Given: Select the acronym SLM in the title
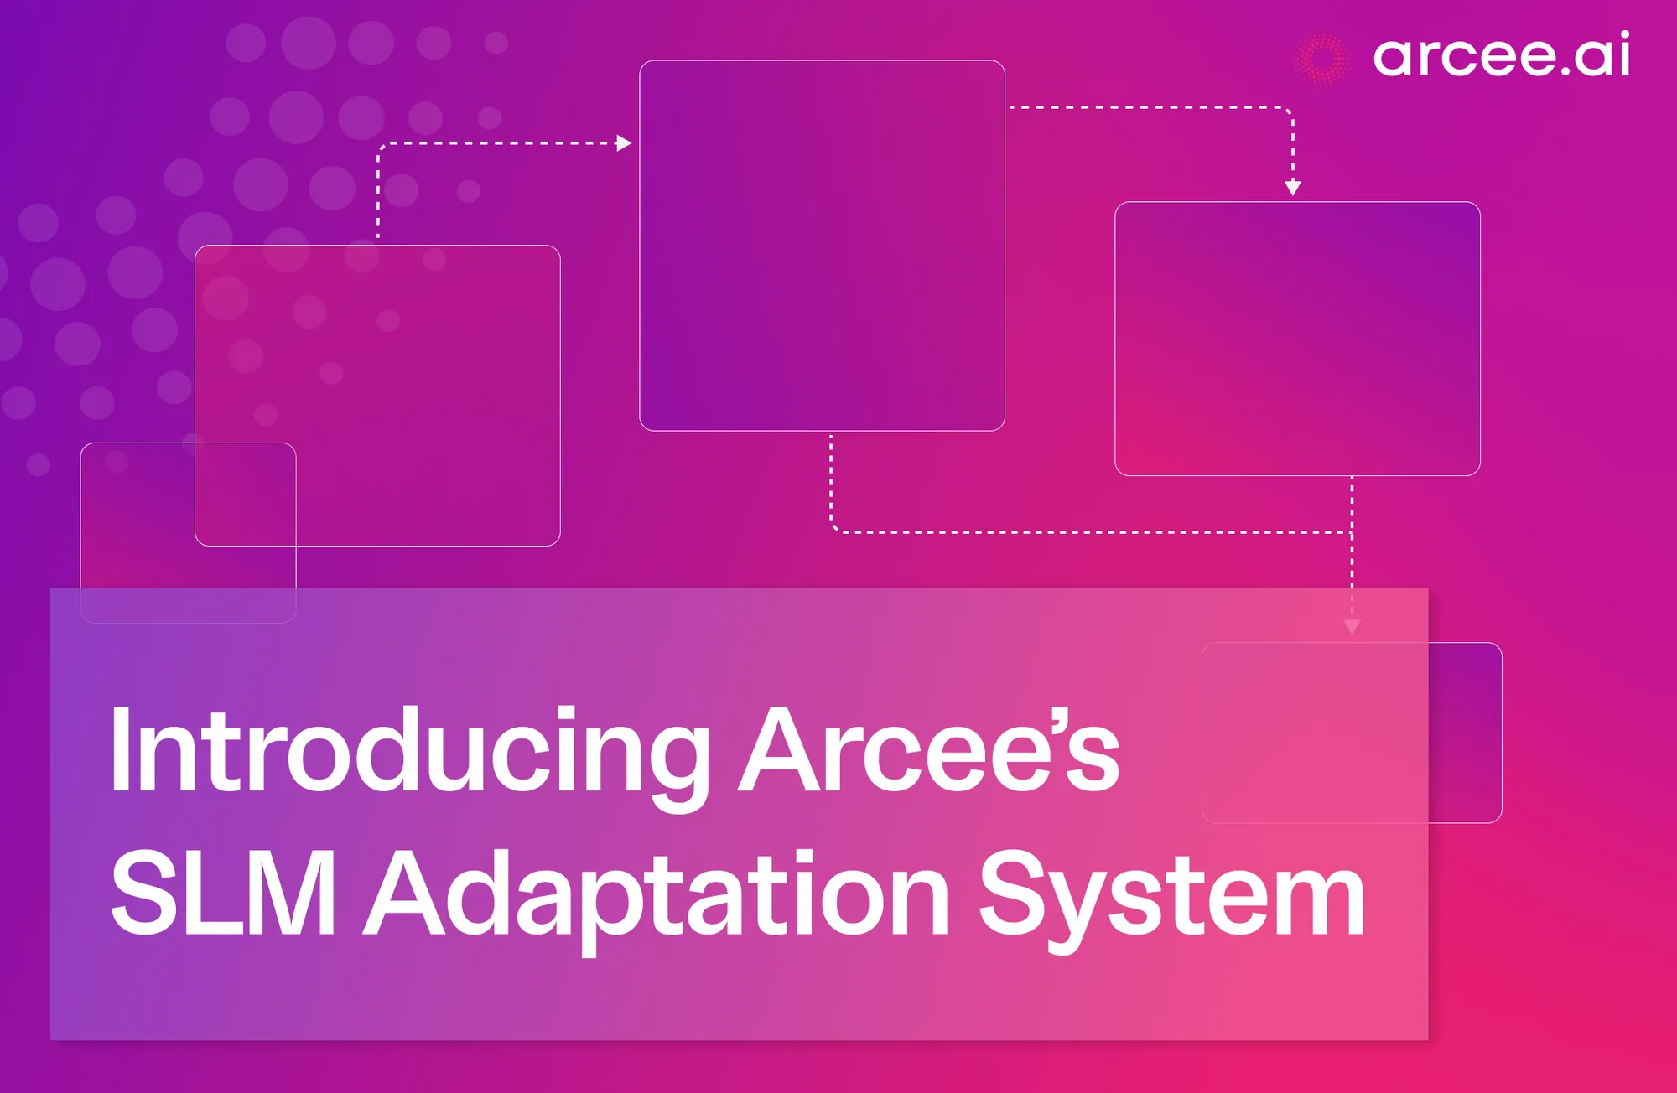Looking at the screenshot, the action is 223,893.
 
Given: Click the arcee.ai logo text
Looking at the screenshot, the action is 1501,55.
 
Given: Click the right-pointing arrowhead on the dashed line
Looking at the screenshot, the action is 624,143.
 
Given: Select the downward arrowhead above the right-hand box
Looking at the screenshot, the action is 1293,188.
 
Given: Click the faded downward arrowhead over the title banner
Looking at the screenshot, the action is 1352,626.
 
